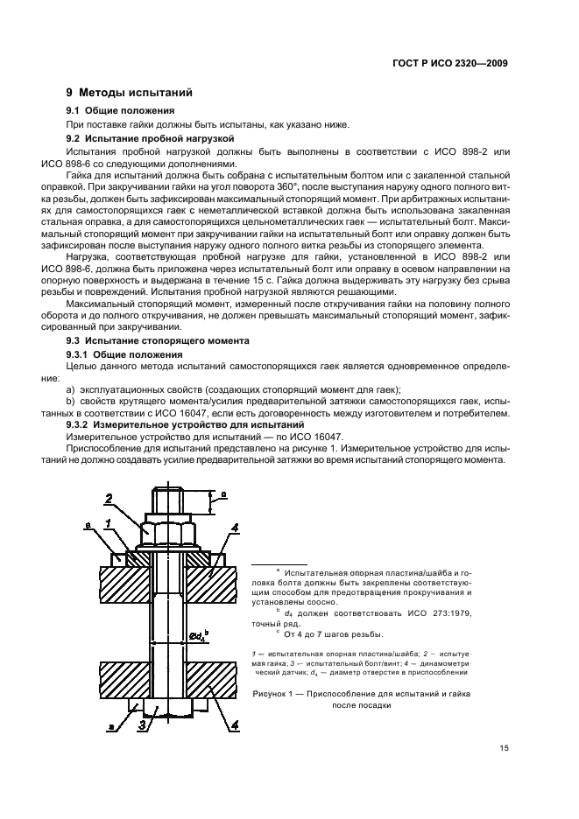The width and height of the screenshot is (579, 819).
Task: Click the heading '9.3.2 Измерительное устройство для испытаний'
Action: pos(185,423)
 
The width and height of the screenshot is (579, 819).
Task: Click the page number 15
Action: pos(501,748)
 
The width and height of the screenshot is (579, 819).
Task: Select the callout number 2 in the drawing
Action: pos(109,500)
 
